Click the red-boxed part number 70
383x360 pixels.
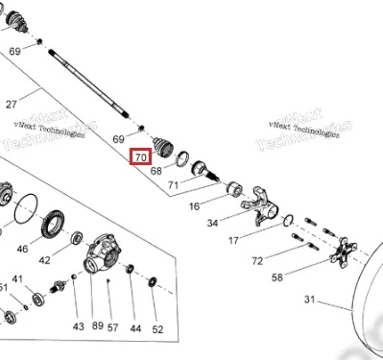[x=141, y=157]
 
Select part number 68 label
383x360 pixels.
[x=156, y=171]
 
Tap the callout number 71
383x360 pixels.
[x=174, y=185]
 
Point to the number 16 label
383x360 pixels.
[x=194, y=206]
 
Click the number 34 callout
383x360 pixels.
[x=212, y=223]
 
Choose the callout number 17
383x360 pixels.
[x=233, y=240]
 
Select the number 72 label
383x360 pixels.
[x=257, y=261]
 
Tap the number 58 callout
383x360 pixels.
[x=277, y=277]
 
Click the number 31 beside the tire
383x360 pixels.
[x=309, y=300]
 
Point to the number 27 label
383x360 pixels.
[x=12, y=105]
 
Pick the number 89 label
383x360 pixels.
[x=98, y=325]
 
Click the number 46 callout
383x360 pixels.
[x=22, y=249]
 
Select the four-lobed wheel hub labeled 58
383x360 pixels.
[x=344, y=252]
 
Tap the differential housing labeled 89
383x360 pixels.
[x=103, y=253]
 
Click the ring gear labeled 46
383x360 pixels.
[x=53, y=224]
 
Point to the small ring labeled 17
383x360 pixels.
[x=288, y=220]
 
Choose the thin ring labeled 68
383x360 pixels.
[x=182, y=159]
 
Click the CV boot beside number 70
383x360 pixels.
[x=163, y=147]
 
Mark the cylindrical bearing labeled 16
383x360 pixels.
[x=234, y=188]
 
